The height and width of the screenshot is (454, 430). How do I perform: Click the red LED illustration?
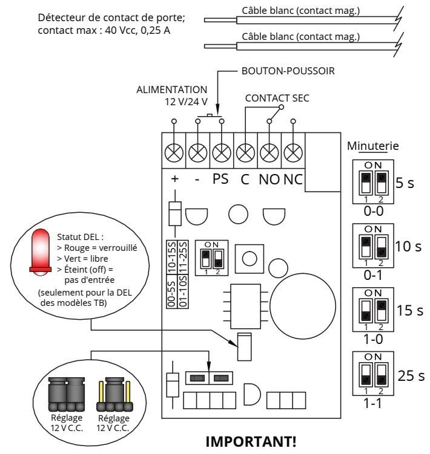(41, 252)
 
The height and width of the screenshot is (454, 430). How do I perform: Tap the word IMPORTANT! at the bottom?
(251, 442)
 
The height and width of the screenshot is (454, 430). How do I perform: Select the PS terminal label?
(220, 179)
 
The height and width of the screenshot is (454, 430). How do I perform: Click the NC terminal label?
(293, 180)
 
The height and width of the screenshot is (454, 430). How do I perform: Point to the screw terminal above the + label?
(174, 152)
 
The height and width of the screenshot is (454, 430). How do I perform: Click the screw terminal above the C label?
(245, 152)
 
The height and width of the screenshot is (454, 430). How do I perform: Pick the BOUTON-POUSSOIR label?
(288, 71)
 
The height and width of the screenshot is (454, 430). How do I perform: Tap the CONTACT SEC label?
(277, 98)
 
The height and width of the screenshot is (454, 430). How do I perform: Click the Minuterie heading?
(373, 146)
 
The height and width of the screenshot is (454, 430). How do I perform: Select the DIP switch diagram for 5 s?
(373, 182)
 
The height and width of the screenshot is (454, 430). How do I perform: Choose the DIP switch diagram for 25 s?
(373, 374)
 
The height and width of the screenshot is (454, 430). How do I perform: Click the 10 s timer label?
(408, 247)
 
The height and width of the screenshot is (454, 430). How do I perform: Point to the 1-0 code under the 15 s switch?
(373, 339)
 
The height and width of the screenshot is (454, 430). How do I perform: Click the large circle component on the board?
(303, 306)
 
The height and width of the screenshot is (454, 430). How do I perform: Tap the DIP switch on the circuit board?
(211, 258)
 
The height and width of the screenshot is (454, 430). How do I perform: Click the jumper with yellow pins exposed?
(114, 394)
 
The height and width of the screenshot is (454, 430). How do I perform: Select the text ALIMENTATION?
(172, 89)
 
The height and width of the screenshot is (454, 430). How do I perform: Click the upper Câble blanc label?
(300, 11)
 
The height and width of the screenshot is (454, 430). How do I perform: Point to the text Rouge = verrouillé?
(97, 248)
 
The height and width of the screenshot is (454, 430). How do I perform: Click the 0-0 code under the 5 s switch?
(374, 211)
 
